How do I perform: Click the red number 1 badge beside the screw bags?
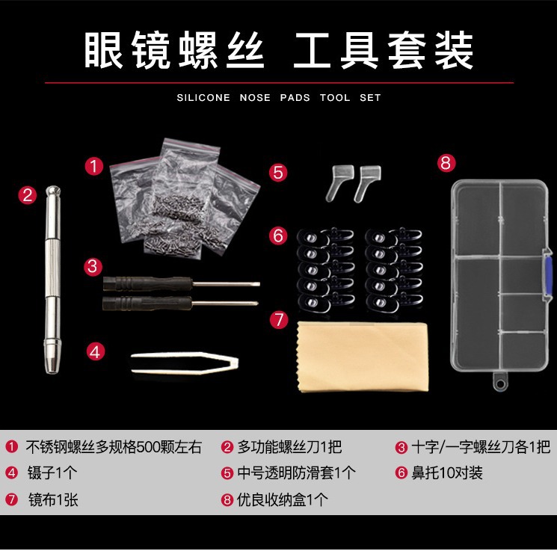point(94,166)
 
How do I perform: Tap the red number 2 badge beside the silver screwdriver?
point(28,195)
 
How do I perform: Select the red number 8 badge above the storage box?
point(446,163)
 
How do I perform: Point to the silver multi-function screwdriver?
point(52,279)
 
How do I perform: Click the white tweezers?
point(185,363)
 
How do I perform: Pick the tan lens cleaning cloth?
point(363,357)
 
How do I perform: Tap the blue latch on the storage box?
point(548,275)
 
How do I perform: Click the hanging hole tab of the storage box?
point(499,382)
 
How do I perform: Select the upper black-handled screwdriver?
point(182,284)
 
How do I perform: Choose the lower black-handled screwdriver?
point(180,304)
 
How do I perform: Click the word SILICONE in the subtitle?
point(203,98)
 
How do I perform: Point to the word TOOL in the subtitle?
point(335,98)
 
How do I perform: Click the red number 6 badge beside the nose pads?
point(278,236)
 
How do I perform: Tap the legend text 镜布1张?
point(53,500)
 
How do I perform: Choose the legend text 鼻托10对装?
point(447,473)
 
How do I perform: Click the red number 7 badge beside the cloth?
point(279,319)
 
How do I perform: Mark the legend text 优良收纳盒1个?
point(283,500)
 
